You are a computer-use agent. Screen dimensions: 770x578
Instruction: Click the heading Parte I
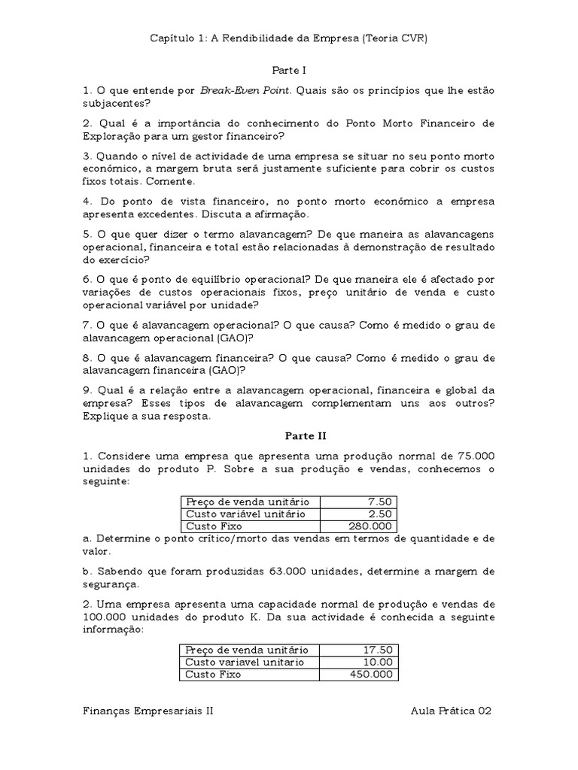pyautogui.click(x=289, y=70)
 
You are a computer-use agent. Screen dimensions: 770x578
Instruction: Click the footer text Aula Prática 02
pyautogui.click(x=451, y=711)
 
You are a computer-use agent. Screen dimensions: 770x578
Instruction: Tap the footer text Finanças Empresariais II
pyautogui.click(x=148, y=711)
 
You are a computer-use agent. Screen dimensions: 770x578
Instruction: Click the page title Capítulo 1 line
pyautogui.click(x=289, y=38)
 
